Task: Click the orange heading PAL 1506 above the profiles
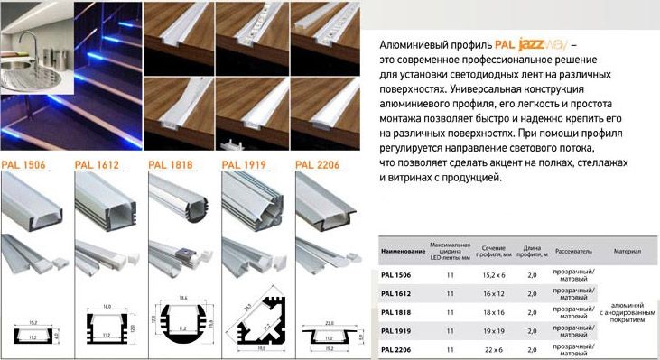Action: point(23,164)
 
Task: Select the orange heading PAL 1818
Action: point(169,164)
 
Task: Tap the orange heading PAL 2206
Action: point(317,164)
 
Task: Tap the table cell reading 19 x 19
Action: point(494,332)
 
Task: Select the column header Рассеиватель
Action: point(573,250)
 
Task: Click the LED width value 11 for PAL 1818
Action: point(450,312)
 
